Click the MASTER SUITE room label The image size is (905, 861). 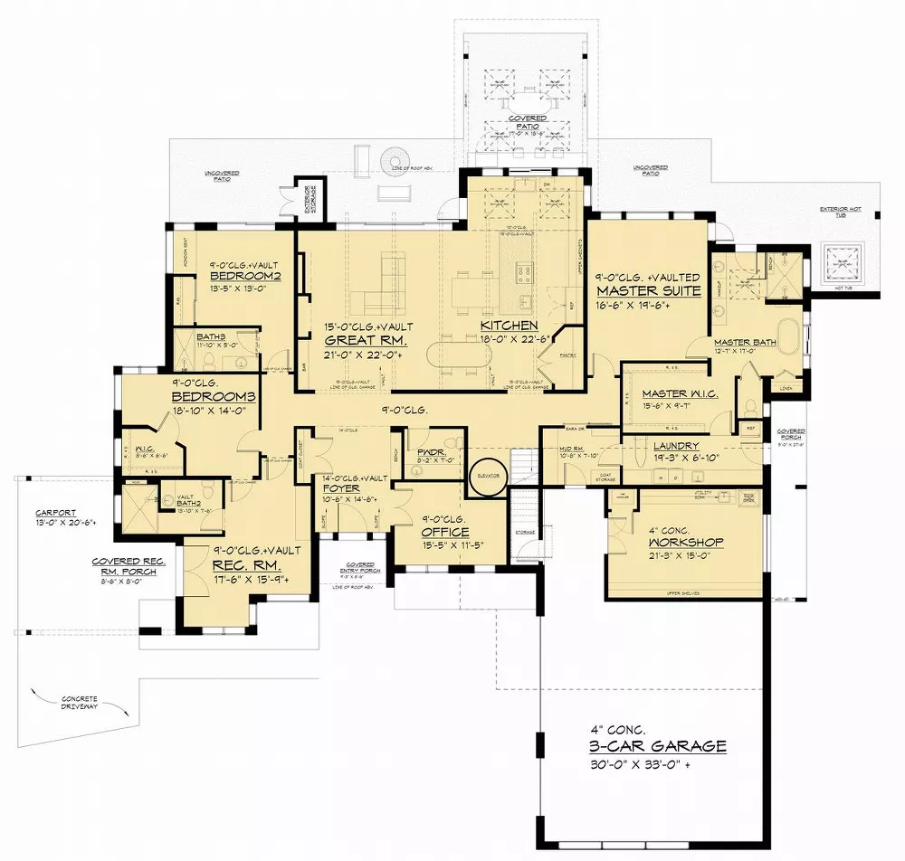(648, 291)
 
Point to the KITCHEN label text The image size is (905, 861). (510, 326)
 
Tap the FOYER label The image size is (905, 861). (341, 487)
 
